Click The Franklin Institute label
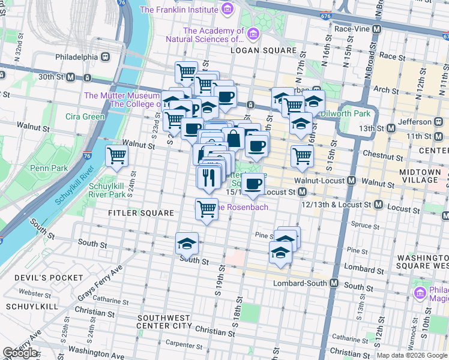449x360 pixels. click(x=179, y=10)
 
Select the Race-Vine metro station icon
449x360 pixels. click(x=378, y=29)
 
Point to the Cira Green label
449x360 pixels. click(x=85, y=116)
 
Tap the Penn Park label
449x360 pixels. click(x=49, y=168)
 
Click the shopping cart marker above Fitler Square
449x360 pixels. click(x=206, y=209)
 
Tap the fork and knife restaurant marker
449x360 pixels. click(x=208, y=177)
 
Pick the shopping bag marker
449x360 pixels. click(x=233, y=138)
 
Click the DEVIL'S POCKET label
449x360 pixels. click(x=42, y=278)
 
